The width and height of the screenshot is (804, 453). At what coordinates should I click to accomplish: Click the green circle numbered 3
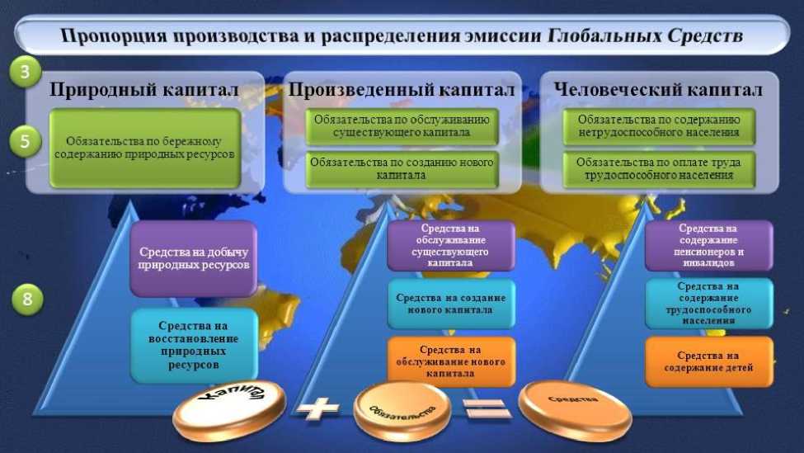click(25, 73)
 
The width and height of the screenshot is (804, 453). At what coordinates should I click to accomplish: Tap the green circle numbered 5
click(25, 141)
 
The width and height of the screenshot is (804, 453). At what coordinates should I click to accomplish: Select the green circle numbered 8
click(27, 299)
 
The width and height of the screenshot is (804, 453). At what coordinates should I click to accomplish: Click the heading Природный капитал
click(144, 89)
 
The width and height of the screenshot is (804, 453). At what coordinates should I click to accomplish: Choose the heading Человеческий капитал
click(658, 89)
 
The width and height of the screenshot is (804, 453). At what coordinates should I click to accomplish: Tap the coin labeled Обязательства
click(402, 409)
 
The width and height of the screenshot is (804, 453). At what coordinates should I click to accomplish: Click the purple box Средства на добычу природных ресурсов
click(194, 258)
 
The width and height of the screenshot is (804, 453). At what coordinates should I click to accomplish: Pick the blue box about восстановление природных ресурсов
click(194, 345)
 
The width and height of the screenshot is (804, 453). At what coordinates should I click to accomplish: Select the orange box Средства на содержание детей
click(709, 361)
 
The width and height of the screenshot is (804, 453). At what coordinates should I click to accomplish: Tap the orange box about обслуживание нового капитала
click(451, 361)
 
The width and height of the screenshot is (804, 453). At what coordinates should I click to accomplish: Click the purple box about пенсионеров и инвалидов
click(709, 246)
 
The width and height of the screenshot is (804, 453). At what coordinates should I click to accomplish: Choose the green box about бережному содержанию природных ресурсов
click(144, 148)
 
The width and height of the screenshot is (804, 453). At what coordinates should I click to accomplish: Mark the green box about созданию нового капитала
click(402, 168)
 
